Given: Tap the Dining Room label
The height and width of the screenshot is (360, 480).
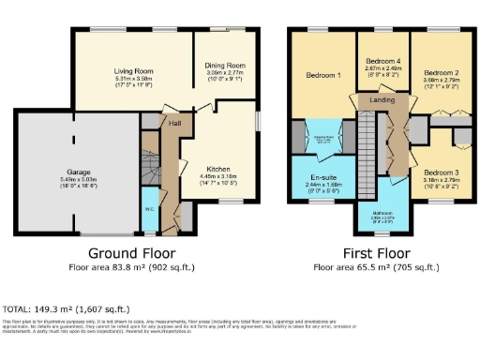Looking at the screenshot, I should pos(225,65).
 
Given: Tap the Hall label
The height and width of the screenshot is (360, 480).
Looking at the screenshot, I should pos(175,123).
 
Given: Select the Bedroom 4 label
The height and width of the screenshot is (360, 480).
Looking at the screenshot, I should pos(382,59).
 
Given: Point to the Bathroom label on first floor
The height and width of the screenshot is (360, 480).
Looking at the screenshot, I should pos(382,213).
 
